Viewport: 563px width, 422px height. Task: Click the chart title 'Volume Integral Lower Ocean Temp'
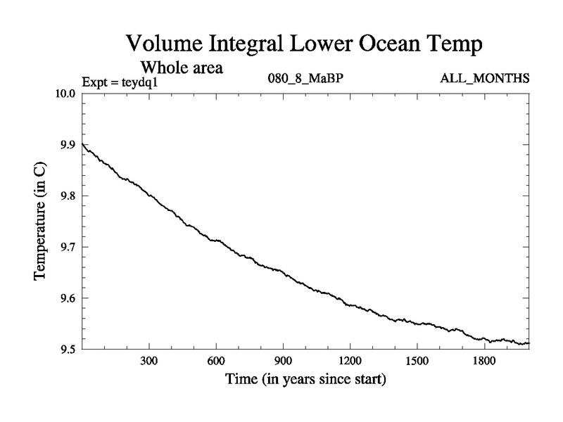pyautogui.click(x=304, y=44)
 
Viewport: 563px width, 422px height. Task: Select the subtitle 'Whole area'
pyautogui.click(x=182, y=68)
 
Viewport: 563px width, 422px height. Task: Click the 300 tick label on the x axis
pyautogui.click(x=149, y=362)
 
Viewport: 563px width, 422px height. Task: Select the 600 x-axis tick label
pyautogui.click(x=216, y=362)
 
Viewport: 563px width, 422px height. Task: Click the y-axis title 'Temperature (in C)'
pyautogui.click(x=41, y=222)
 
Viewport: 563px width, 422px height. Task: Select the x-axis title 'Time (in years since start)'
pyautogui.click(x=305, y=381)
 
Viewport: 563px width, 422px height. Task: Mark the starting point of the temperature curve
pyautogui.click(x=83, y=143)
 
